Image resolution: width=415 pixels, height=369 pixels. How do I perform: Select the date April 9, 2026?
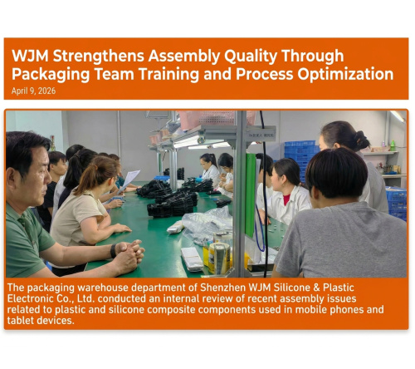click(x=34, y=91)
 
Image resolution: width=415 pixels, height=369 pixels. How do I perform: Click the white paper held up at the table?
click(x=129, y=178)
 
